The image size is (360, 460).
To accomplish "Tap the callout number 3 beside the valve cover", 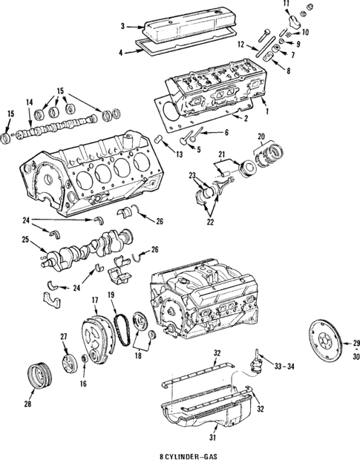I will [122, 27].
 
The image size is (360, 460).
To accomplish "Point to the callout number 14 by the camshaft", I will [29, 102].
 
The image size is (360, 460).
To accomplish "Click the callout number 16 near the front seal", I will [83, 384].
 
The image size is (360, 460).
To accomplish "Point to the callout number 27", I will [64, 338].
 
